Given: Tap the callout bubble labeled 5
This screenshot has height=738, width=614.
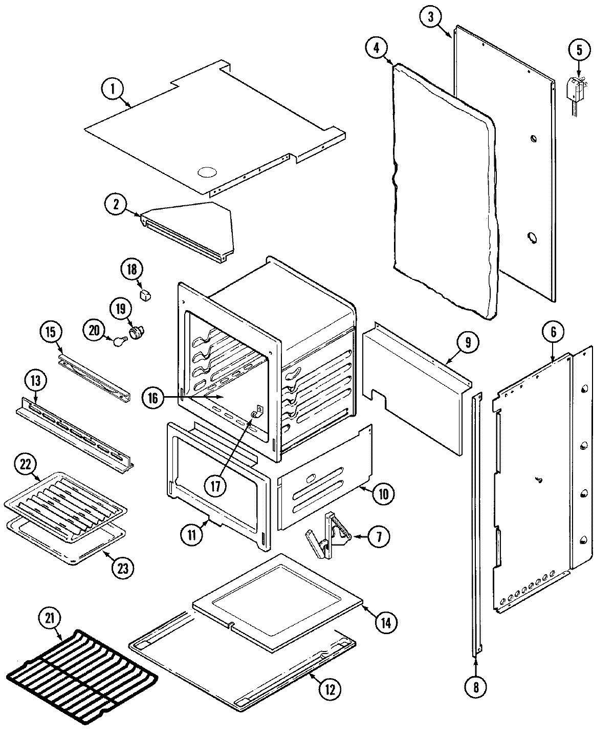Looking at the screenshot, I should tap(579, 50).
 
